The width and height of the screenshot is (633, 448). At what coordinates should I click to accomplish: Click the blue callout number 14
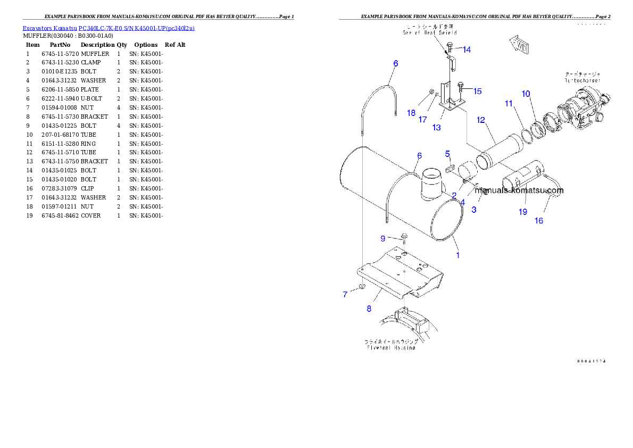(x=467, y=49)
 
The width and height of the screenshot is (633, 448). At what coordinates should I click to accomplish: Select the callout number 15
(x=478, y=91)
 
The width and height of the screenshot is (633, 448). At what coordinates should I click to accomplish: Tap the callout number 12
(x=481, y=120)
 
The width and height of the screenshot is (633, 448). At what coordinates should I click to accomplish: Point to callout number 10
(x=526, y=94)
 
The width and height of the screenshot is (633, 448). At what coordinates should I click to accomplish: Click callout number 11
(x=509, y=103)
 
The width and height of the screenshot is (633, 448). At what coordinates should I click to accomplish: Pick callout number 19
(x=523, y=212)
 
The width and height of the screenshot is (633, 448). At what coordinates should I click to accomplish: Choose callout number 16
(x=539, y=220)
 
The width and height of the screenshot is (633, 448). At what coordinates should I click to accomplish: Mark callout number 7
(x=345, y=294)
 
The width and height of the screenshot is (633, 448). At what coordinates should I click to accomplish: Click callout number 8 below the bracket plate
(x=369, y=308)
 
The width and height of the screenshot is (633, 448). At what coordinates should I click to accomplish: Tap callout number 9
(x=382, y=237)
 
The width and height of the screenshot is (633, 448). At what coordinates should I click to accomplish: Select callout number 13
(x=437, y=128)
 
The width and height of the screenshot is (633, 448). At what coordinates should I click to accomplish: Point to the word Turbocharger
(x=583, y=80)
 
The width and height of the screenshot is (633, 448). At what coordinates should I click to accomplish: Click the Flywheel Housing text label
(x=391, y=348)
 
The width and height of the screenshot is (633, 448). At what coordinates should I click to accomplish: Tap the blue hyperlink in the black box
(x=109, y=28)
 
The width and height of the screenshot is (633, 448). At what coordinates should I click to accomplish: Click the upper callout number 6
(x=395, y=63)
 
